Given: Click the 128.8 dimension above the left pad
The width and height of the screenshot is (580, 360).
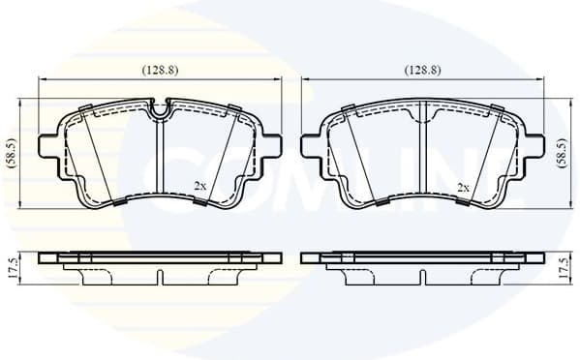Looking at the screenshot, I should [160, 70].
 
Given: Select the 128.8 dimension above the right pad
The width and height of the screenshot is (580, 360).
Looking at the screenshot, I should [422, 70].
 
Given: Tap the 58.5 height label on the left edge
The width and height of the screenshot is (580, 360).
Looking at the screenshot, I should [10, 152].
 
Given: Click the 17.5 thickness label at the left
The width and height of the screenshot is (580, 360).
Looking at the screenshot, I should [12, 268].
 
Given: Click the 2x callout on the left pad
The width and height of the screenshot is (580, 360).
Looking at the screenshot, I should [199, 185].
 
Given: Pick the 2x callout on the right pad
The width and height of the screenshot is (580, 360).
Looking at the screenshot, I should [462, 185].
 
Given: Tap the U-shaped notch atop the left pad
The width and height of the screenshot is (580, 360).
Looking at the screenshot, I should [160, 107].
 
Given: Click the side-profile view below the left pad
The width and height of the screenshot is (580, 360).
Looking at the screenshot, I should [160, 266].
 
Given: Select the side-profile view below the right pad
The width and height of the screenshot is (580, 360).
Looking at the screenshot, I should [423, 266].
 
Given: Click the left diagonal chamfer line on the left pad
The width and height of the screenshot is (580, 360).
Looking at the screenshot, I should [97, 155].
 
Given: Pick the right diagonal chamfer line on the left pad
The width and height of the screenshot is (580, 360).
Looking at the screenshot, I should [221, 155].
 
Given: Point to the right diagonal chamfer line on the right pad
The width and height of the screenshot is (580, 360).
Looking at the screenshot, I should [485, 155].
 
